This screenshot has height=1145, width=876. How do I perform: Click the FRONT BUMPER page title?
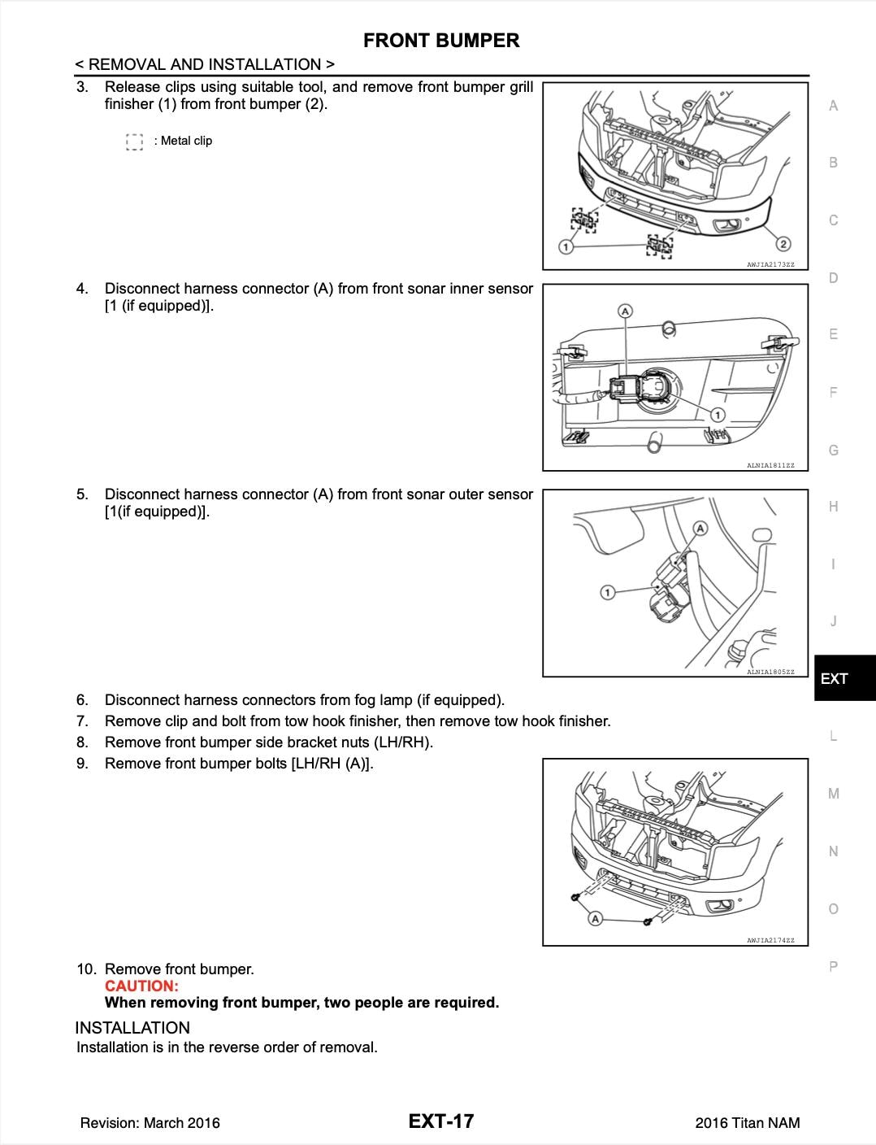[440, 40]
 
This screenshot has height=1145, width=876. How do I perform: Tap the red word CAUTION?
[141, 986]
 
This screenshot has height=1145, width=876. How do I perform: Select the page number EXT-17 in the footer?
[440, 1121]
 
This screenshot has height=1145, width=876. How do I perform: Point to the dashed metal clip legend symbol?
[135, 142]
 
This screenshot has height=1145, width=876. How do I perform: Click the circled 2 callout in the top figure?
[783, 244]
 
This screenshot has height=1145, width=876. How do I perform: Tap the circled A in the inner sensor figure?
[625, 311]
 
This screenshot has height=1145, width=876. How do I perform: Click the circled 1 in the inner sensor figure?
[718, 416]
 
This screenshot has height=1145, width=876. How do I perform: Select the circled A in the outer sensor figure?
[700, 529]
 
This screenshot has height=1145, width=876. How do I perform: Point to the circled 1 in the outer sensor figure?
[607, 592]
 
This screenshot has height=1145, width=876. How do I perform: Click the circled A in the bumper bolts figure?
[595, 919]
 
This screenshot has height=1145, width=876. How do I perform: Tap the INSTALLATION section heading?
[132, 1027]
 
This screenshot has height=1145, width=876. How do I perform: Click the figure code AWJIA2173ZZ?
[770, 264]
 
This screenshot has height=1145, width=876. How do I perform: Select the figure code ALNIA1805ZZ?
[770, 672]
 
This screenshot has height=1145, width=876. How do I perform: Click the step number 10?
[86, 969]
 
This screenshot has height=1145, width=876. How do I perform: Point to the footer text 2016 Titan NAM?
[747, 1123]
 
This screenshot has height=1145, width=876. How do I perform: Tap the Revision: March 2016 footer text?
[150, 1123]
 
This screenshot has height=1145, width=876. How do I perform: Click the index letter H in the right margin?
[833, 507]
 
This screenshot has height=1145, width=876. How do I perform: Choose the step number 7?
[82, 721]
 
